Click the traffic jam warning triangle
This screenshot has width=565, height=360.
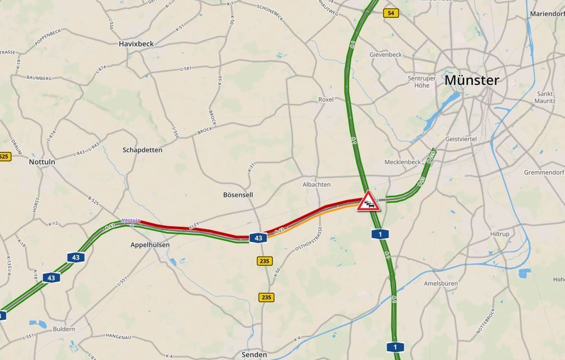click(368, 202)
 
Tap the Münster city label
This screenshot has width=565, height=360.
click(471, 80)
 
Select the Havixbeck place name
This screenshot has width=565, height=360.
click(136, 43)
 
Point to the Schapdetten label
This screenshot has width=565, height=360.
click(142, 149)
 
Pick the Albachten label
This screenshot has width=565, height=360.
click(317, 184)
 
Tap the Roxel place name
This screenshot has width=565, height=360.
click(326, 99)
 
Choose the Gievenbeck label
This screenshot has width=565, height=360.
click(386, 55)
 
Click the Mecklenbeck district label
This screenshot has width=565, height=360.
click(403, 162)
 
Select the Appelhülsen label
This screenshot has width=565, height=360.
click(150, 244)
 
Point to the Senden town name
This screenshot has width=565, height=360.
click(254, 354)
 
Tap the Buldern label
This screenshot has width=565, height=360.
click(63, 329)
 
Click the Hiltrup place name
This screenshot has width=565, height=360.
click(499, 234)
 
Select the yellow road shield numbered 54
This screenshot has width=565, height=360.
click(391, 13)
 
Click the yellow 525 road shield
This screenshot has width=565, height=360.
click(4, 157)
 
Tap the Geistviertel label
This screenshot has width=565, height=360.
click(461, 139)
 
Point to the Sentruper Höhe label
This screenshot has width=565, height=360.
click(422, 82)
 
